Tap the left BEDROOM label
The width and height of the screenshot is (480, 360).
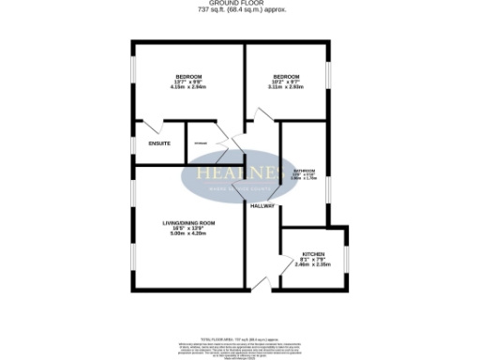pyautogui.click(x=188, y=76)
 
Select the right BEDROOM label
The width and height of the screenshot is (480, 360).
pyautogui.click(x=286, y=76)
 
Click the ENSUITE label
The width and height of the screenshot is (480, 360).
pyautogui.click(x=159, y=143)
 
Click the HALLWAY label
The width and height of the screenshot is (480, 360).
pyautogui.click(x=262, y=205)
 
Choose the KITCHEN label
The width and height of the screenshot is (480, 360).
pyautogui.click(x=312, y=253)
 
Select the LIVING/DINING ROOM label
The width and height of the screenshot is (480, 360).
pyautogui.click(x=188, y=222)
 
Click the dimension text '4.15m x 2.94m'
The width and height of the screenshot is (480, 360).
pyautogui.click(x=188, y=87)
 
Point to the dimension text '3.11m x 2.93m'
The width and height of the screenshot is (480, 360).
pyautogui.click(x=286, y=87)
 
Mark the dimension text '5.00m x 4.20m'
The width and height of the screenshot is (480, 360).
pyautogui.click(x=188, y=232)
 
